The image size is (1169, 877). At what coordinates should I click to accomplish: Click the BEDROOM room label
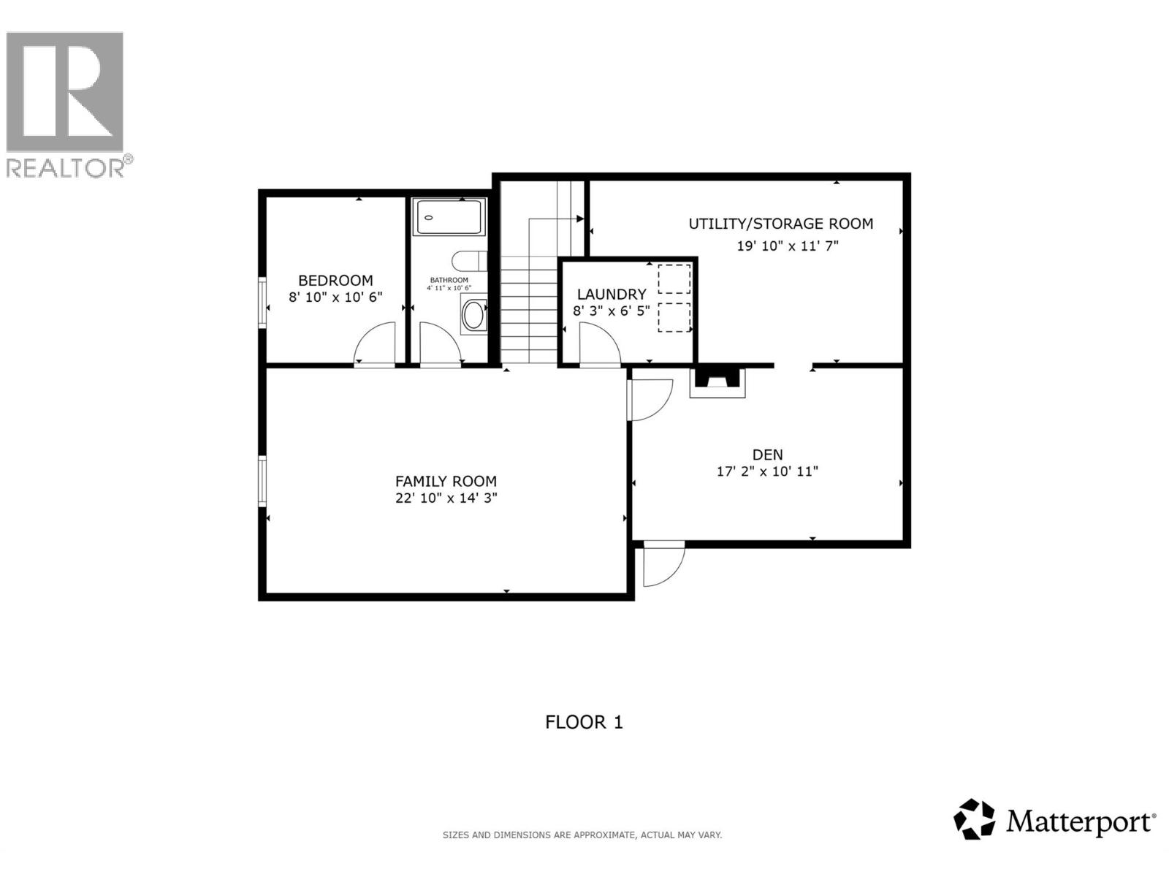pyautogui.click(x=335, y=280)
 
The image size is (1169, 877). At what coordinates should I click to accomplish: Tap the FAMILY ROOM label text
pyautogui.click(x=446, y=481)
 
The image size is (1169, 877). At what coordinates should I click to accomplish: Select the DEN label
pyautogui.click(x=767, y=454)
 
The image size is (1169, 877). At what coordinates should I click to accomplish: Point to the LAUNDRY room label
pyautogui.click(x=612, y=294)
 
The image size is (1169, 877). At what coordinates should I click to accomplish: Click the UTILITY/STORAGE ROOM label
pyautogui.click(x=781, y=224)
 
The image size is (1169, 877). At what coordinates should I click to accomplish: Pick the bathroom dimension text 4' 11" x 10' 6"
pyautogui.click(x=449, y=288)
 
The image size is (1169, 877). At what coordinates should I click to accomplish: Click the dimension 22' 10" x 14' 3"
pyautogui.click(x=446, y=498)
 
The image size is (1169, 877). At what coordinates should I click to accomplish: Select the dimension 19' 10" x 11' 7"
pyautogui.click(x=787, y=246)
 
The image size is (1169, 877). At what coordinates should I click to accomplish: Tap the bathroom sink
pyautogui.click(x=473, y=316)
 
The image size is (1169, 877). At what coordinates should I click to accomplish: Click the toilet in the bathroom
pyautogui.click(x=469, y=261)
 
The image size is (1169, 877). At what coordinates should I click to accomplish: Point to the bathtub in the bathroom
pyautogui.click(x=449, y=217)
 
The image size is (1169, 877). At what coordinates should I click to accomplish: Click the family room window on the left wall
pyautogui.click(x=262, y=481)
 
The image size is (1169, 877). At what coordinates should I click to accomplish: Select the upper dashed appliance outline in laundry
pyautogui.click(x=674, y=278)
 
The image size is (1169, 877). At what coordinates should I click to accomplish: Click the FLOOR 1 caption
pyautogui.click(x=584, y=722)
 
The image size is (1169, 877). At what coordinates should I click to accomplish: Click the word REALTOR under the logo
pyautogui.click(x=65, y=168)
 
